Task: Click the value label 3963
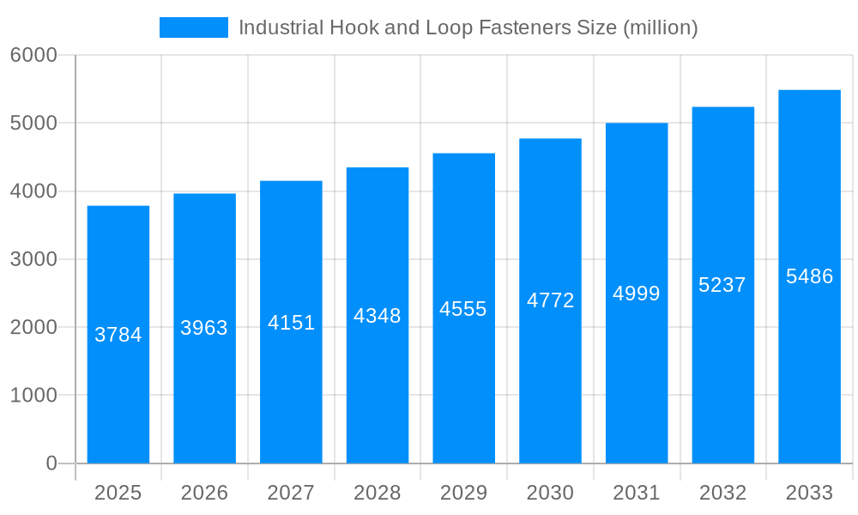[204, 328]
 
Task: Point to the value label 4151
[292, 323]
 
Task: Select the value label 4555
[463, 309]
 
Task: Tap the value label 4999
[637, 294]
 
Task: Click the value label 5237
[722, 285]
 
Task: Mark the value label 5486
[809, 276]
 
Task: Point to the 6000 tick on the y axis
[33, 55]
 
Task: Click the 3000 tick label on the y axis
[33, 259]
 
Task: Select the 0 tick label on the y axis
[51, 463]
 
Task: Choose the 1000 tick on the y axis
[33, 396]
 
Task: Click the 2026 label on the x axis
[204, 493]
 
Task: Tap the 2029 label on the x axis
[463, 493]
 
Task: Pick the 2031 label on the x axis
[637, 493]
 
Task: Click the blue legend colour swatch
[194, 27]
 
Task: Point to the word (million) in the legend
[661, 27]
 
